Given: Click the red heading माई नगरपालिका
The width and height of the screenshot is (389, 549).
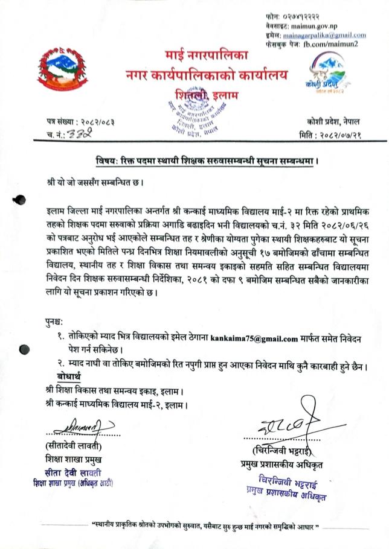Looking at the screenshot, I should pyautogui.click(x=207, y=56).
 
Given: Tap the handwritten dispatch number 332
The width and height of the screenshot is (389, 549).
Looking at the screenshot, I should pyautogui.click(x=79, y=134).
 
